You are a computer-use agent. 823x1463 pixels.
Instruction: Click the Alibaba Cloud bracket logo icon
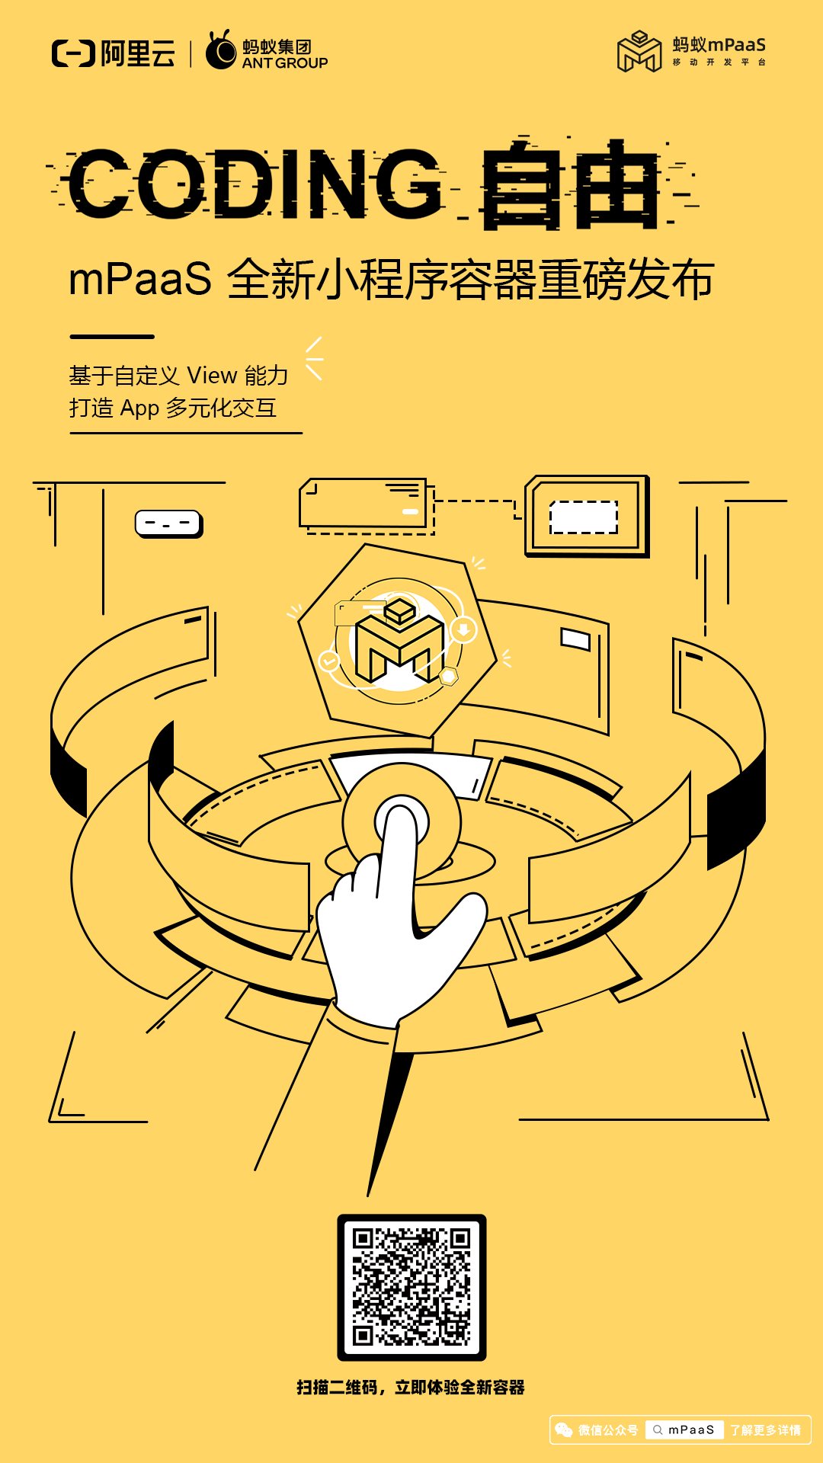(x=73, y=53)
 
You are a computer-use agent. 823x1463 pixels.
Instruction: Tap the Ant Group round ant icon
(x=221, y=52)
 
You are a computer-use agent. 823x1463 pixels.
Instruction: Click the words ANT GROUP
(x=285, y=63)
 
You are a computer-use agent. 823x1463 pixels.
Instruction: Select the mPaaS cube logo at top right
(x=639, y=52)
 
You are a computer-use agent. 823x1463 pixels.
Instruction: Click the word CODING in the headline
(x=255, y=183)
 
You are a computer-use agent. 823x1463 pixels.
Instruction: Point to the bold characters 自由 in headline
(x=570, y=184)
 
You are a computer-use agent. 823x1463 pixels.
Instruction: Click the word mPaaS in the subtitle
(x=140, y=279)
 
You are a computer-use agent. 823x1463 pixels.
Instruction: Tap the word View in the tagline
(x=212, y=376)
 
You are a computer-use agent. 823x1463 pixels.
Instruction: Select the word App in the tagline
(x=139, y=408)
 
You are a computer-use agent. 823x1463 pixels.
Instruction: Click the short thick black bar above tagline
(x=112, y=336)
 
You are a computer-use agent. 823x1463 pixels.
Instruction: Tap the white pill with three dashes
(x=168, y=523)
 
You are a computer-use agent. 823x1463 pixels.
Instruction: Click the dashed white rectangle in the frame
(x=584, y=517)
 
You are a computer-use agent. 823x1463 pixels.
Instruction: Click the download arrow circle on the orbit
(x=463, y=630)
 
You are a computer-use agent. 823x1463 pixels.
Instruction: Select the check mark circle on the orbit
(x=329, y=661)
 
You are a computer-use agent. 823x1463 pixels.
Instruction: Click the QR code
(x=411, y=1287)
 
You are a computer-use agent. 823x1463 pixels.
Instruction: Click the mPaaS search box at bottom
(x=684, y=1430)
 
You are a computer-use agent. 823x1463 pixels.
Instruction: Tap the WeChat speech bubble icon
(x=564, y=1430)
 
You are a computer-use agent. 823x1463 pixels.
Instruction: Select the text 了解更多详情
(x=765, y=1430)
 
